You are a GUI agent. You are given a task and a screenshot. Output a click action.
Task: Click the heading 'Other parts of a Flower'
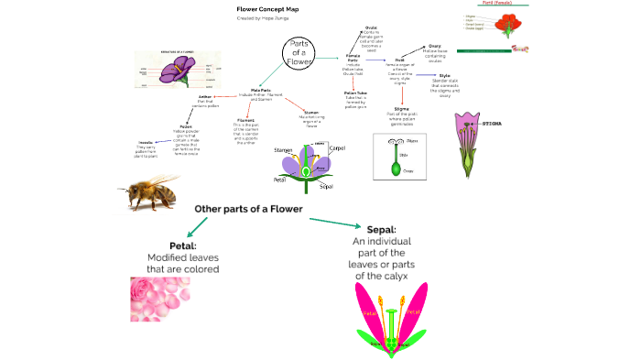[248, 209]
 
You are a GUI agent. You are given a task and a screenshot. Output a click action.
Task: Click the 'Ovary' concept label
[435, 47]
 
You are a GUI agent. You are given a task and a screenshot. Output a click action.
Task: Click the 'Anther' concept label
[205, 96]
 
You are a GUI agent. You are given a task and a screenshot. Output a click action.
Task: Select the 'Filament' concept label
[245, 120]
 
